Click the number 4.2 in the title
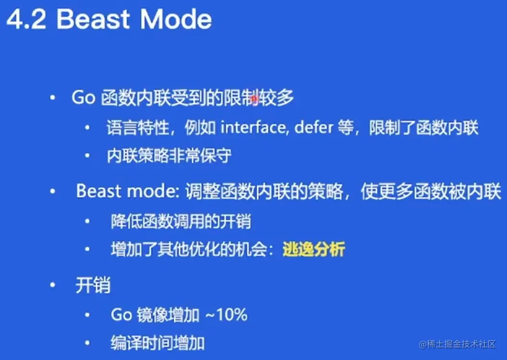click(26, 19)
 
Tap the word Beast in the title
click(93, 19)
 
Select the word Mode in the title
click(176, 19)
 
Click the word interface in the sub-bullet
click(253, 127)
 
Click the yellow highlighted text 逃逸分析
click(314, 249)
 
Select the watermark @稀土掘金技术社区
click(457, 344)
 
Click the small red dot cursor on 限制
click(254, 98)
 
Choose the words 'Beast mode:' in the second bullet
click(128, 191)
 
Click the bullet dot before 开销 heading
click(53, 285)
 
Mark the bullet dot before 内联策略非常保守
click(87, 156)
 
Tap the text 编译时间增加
click(157, 343)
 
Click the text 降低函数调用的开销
click(181, 221)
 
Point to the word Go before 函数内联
click(84, 97)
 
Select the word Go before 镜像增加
click(121, 314)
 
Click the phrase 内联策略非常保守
click(169, 156)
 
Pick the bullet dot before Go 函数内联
click(53, 97)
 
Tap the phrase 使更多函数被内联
click(431, 192)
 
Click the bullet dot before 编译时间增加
click(87, 343)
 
